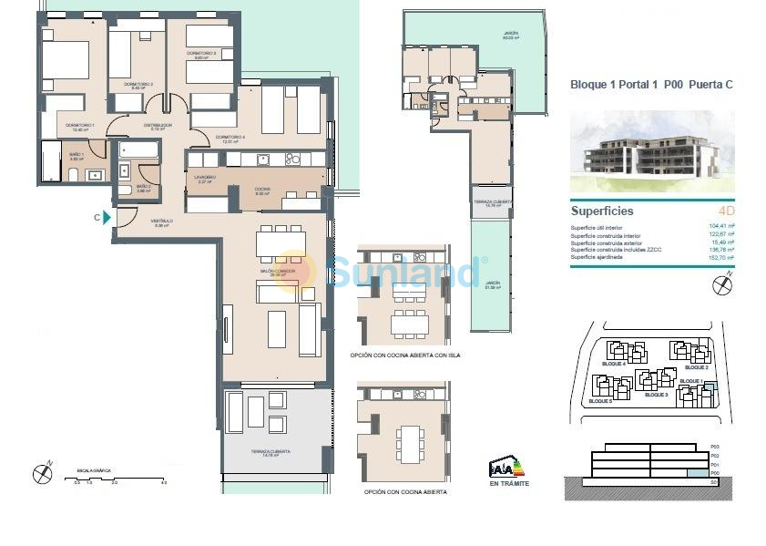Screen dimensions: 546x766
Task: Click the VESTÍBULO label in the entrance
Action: point(163,221)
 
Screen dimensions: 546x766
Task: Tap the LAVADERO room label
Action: point(204,178)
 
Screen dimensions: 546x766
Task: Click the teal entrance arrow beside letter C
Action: point(108,217)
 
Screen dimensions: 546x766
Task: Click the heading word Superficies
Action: point(602,211)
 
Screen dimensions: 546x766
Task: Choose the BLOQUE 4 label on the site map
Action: point(613,364)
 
